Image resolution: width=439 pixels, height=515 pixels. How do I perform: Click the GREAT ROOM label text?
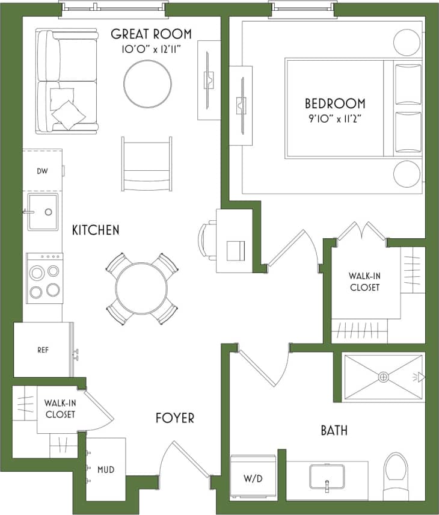click(x=151, y=34)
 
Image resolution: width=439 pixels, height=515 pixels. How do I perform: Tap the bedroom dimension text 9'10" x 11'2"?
click(x=334, y=117)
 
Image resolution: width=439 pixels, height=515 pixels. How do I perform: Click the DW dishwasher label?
click(x=42, y=171)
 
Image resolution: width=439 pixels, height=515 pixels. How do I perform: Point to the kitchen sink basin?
click(x=43, y=212)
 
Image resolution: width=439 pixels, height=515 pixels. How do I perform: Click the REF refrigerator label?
click(x=43, y=350)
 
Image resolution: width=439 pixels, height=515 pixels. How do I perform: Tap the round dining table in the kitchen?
click(x=141, y=288)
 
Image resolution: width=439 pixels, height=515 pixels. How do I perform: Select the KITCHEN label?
click(x=96, y=230)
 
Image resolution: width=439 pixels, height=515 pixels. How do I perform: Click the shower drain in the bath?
click(x=383, y=377)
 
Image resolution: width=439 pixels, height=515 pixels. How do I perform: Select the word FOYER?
click(x=175, y=418)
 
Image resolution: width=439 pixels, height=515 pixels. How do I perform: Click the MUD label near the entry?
click(x=106, y=469)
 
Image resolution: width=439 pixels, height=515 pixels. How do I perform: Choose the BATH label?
click(x=334, y=431)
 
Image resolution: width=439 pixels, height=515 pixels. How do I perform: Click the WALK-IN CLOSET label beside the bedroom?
click(x=364, y=282)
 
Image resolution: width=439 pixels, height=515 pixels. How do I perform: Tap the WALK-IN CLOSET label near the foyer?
click(x=60, y=409)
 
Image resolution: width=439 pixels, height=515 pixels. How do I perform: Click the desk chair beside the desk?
click(x=207, y=241)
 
